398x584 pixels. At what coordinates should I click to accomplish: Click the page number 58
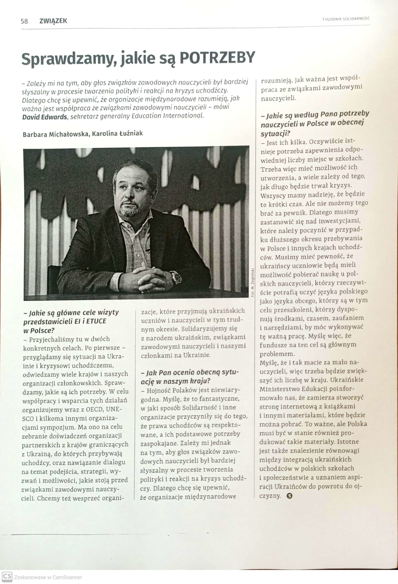[24, 21]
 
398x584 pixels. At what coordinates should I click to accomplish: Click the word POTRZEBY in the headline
[217, 58]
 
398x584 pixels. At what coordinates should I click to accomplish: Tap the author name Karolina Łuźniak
[118, 133]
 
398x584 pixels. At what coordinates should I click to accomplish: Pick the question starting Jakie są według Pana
[315, 123]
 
